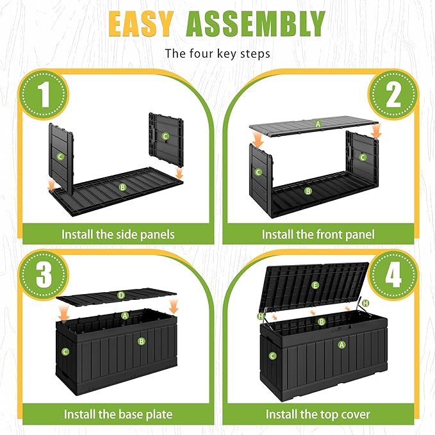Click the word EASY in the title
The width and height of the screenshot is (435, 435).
(x=141, y=24)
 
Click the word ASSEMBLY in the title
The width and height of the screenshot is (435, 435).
(x=256, y=24)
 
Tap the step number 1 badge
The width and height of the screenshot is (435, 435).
(x=44, y=94)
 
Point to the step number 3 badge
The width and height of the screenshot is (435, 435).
(x=44, y=274)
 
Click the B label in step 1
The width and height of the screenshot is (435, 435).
(x=122, y=187)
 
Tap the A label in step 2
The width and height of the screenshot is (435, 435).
(x=318, y=124)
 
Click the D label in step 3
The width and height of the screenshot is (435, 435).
(x=121, y=295)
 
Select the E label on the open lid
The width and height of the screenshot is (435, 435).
(x=315, y=285)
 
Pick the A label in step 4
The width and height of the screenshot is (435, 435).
(x=341, y=345)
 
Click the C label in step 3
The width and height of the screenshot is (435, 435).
(x=65, y=352)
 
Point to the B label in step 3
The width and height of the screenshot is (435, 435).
(x=142, y=341)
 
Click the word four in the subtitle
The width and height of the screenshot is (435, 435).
(x=199, y=54)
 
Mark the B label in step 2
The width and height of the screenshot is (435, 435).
(x=308, y=191)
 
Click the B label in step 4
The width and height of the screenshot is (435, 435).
(x=321, y=322)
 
